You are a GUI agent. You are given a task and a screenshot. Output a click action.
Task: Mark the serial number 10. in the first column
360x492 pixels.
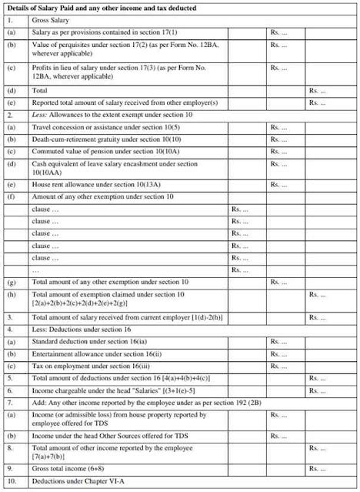tap(10, 482)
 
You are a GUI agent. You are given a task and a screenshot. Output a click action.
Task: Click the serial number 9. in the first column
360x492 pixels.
tap(8, 468)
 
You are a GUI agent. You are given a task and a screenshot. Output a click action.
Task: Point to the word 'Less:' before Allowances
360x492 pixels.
tap(40, 114)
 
